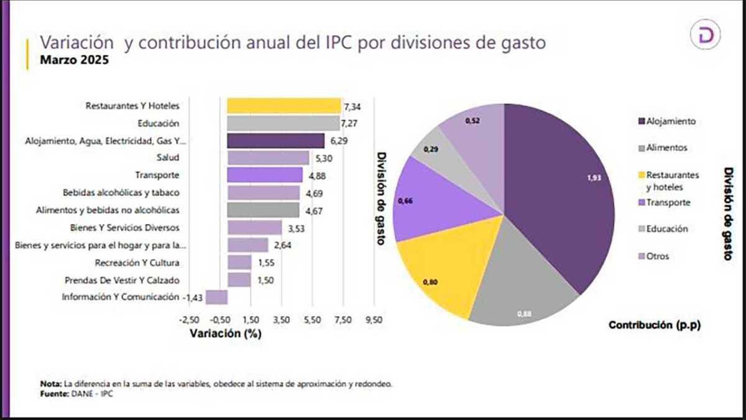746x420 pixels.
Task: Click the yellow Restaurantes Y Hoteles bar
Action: [283, 106]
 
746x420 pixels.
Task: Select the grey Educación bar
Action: [283, 123]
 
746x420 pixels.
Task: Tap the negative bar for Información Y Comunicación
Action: [216, 297]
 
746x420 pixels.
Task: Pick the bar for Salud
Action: [268, 158]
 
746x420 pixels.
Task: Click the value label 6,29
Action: [339, 141]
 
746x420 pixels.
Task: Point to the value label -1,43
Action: [193, 297]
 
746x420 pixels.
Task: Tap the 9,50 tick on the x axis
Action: [374, 320]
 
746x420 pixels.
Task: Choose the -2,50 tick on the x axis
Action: [189, 320]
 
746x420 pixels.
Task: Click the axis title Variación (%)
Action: [225, 334]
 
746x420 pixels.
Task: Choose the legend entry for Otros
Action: [658, 256]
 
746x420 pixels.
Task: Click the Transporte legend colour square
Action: [640, 202]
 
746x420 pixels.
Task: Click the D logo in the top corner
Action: [706, 37]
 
